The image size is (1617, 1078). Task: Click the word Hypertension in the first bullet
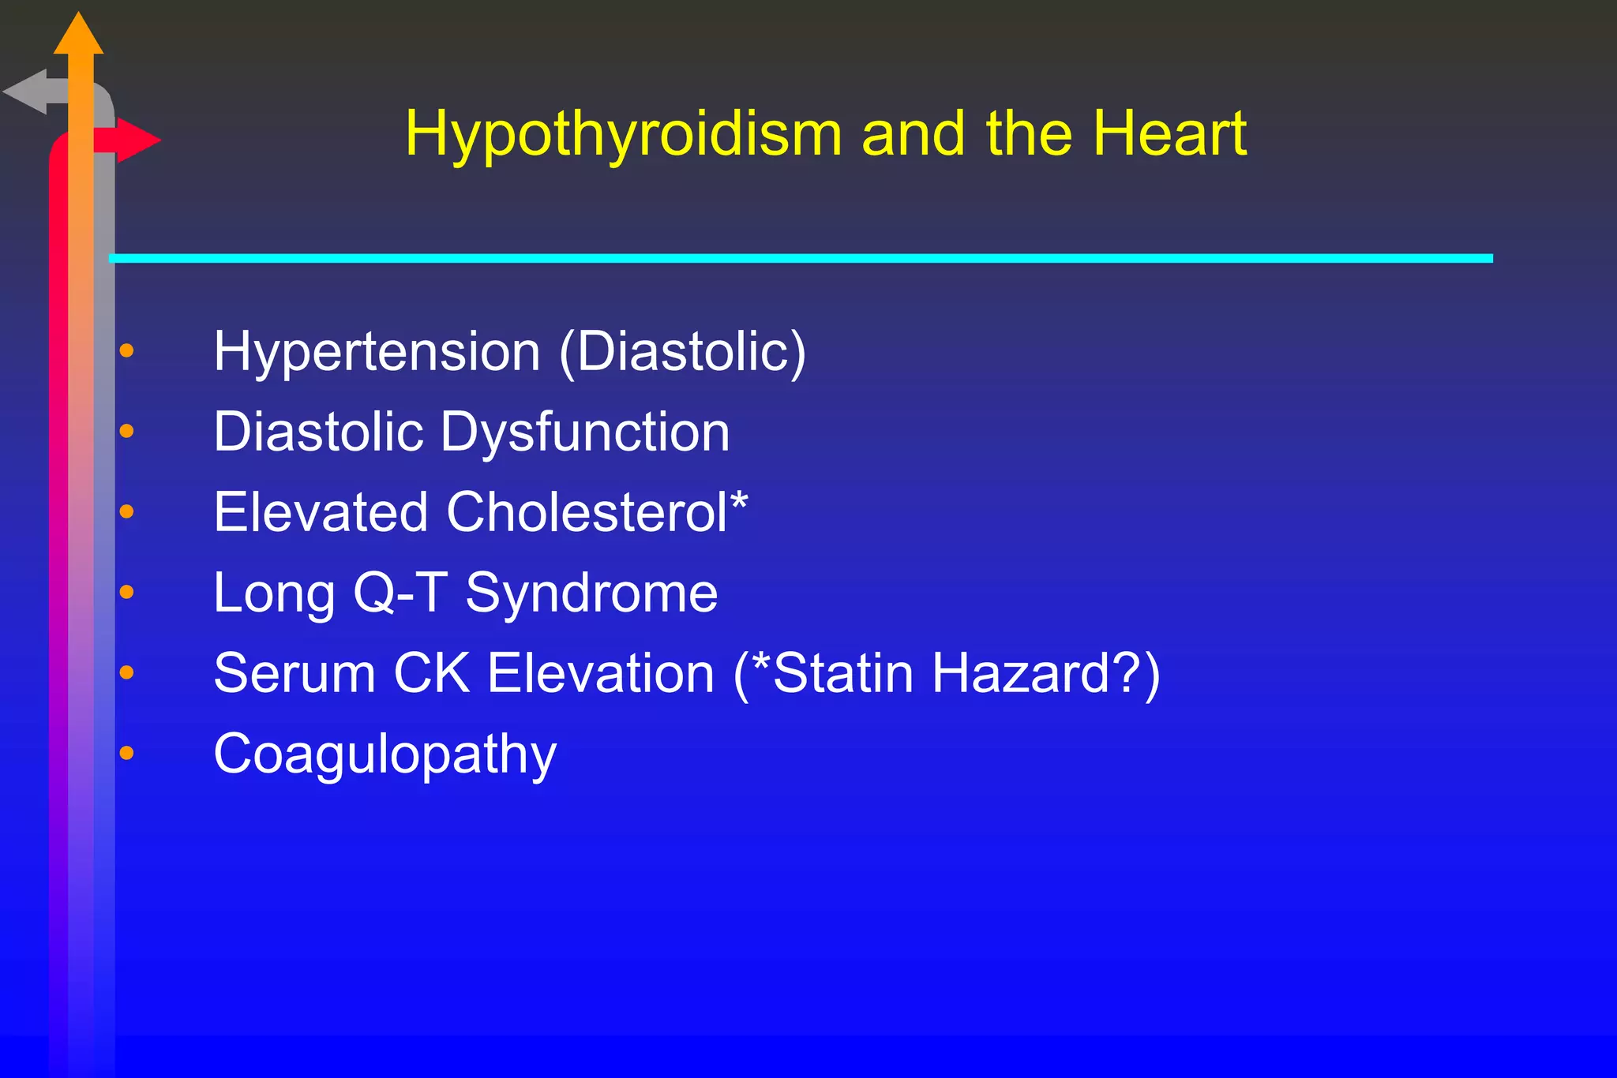click(x=377, y=352)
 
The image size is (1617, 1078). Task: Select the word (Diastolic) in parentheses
click(x=682, y=352)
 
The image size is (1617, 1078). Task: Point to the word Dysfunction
click(x=585, y=432)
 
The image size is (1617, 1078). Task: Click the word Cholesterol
click(x=586, y=513)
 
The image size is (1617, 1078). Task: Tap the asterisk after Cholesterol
click(x=739, y=502)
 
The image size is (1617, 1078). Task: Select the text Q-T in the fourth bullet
click(x=400, y=593)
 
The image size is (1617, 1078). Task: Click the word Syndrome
click(x=591, y=594)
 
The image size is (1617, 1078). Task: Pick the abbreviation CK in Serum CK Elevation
click(x=431, y=674)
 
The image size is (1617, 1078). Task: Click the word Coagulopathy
click(x=385, y=755)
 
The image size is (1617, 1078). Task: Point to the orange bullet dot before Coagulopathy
click(x=126, y=754)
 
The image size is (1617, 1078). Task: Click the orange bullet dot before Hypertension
click(x=126, y=350)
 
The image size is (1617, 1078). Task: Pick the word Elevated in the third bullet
click(x=320, y=513)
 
